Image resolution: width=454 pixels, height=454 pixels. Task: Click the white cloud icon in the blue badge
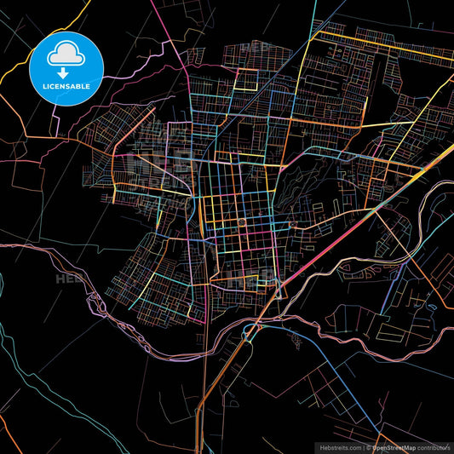point(66,54)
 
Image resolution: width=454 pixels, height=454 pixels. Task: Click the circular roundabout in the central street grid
point(242,222)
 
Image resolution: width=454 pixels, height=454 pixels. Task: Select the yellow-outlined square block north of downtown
point(246,79)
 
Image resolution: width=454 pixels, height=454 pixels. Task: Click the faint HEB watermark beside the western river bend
point(68,279)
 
